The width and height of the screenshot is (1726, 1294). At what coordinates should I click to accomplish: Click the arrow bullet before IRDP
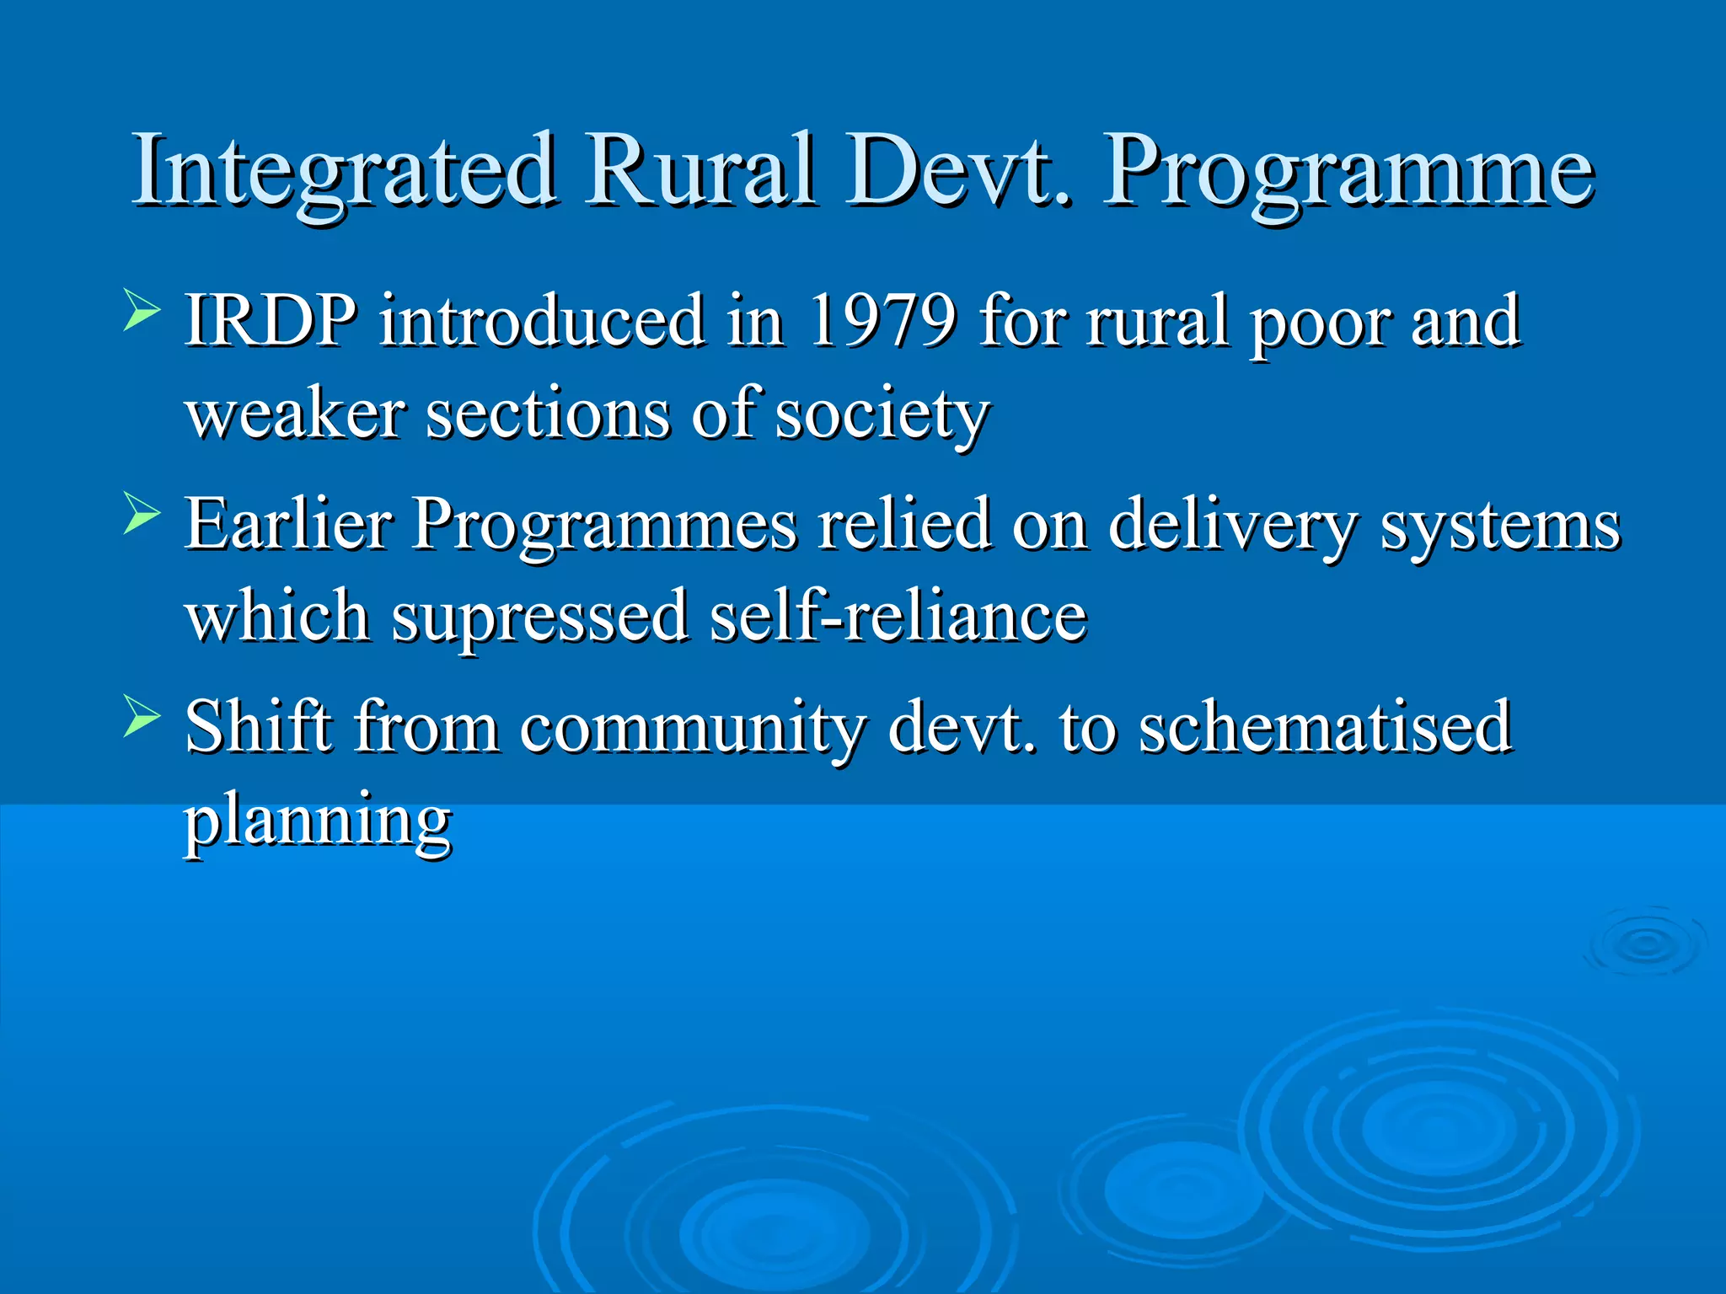[x=141, y=309]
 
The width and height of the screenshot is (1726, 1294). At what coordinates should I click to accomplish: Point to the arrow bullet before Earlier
[x=141, y=512]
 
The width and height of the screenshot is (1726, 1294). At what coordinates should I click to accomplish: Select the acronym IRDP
[x=271, y=321]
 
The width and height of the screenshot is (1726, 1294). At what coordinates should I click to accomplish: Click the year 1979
[x=882, y=321]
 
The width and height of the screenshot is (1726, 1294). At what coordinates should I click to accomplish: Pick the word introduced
[x=542, y=321]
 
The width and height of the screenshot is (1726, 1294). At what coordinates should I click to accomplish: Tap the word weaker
[x=296, y=414]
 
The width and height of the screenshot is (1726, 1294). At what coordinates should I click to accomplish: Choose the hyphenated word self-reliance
[x=898, y=616]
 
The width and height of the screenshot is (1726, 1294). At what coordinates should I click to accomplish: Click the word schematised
[x=1325, y=726]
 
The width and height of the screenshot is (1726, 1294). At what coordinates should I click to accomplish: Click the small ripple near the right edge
[x=1644, y=944]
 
